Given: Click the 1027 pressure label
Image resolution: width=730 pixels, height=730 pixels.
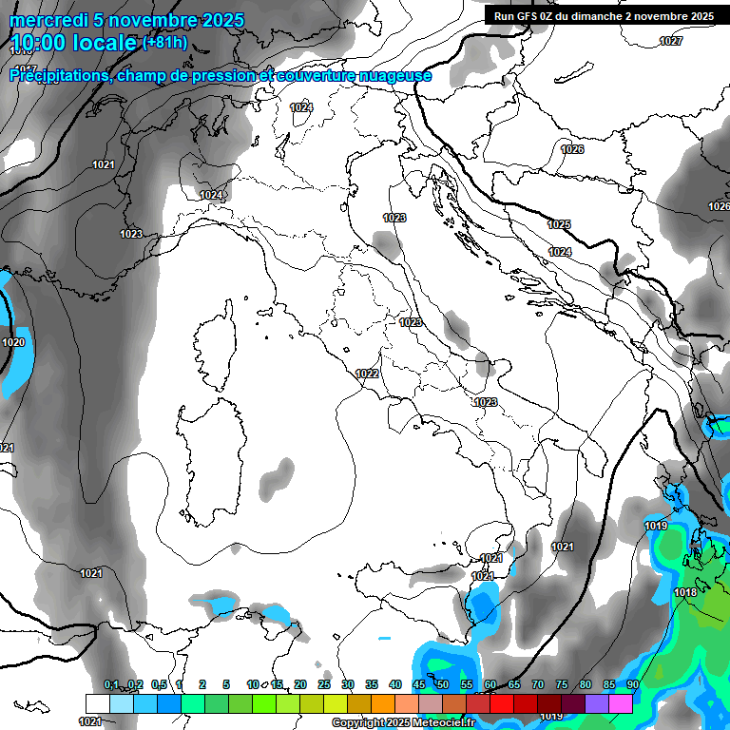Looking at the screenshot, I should (671, 41).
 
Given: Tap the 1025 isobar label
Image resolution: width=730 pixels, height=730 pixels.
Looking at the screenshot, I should (559, 224).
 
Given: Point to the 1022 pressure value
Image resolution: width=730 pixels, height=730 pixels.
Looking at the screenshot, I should (368, 374).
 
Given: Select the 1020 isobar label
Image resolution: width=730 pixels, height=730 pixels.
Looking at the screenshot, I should (13, 342).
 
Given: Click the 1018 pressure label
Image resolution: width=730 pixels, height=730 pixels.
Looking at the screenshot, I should (685, 592).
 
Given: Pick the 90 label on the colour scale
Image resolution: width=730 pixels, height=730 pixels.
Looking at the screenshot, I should (633, 684).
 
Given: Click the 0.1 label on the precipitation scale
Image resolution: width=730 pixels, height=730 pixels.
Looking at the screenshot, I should (111, 684).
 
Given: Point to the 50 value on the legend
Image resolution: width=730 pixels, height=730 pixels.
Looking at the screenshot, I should (443, 684).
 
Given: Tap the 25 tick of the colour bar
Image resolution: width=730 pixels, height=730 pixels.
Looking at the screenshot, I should (324, 684).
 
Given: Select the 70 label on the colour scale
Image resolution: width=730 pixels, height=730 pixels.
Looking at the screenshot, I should (538, 684).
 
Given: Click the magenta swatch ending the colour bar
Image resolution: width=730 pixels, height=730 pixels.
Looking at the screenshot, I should (621, 702).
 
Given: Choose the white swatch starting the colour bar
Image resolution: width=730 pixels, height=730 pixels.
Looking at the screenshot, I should (97, 702).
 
